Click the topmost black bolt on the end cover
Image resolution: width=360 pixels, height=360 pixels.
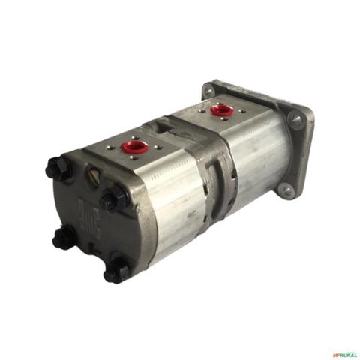[x=57, y=170]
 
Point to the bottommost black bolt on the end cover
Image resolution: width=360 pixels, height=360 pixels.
[x=116, y=271]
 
